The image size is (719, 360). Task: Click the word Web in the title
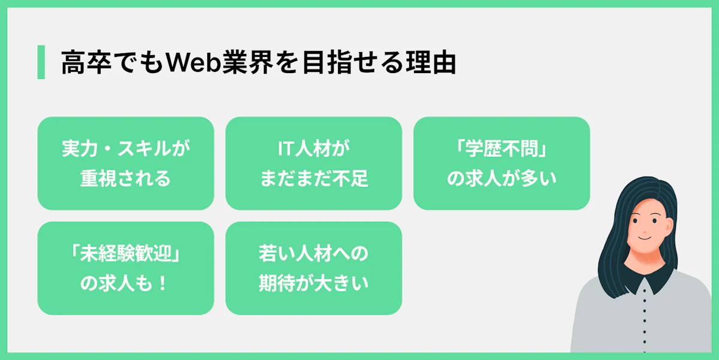193,62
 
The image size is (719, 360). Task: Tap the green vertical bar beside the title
41,62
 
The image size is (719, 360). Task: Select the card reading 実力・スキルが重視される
126,164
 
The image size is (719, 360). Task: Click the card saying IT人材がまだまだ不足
313,164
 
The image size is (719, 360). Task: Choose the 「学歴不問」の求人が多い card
502,164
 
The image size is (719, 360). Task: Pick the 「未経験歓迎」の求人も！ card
126,268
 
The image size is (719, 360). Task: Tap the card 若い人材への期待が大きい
313,268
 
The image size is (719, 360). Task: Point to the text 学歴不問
502,149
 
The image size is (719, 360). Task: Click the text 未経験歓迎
126,253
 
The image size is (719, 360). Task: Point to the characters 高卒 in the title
86,62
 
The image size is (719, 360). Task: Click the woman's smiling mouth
644,238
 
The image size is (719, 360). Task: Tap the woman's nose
645,230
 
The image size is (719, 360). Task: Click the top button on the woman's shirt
644,291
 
